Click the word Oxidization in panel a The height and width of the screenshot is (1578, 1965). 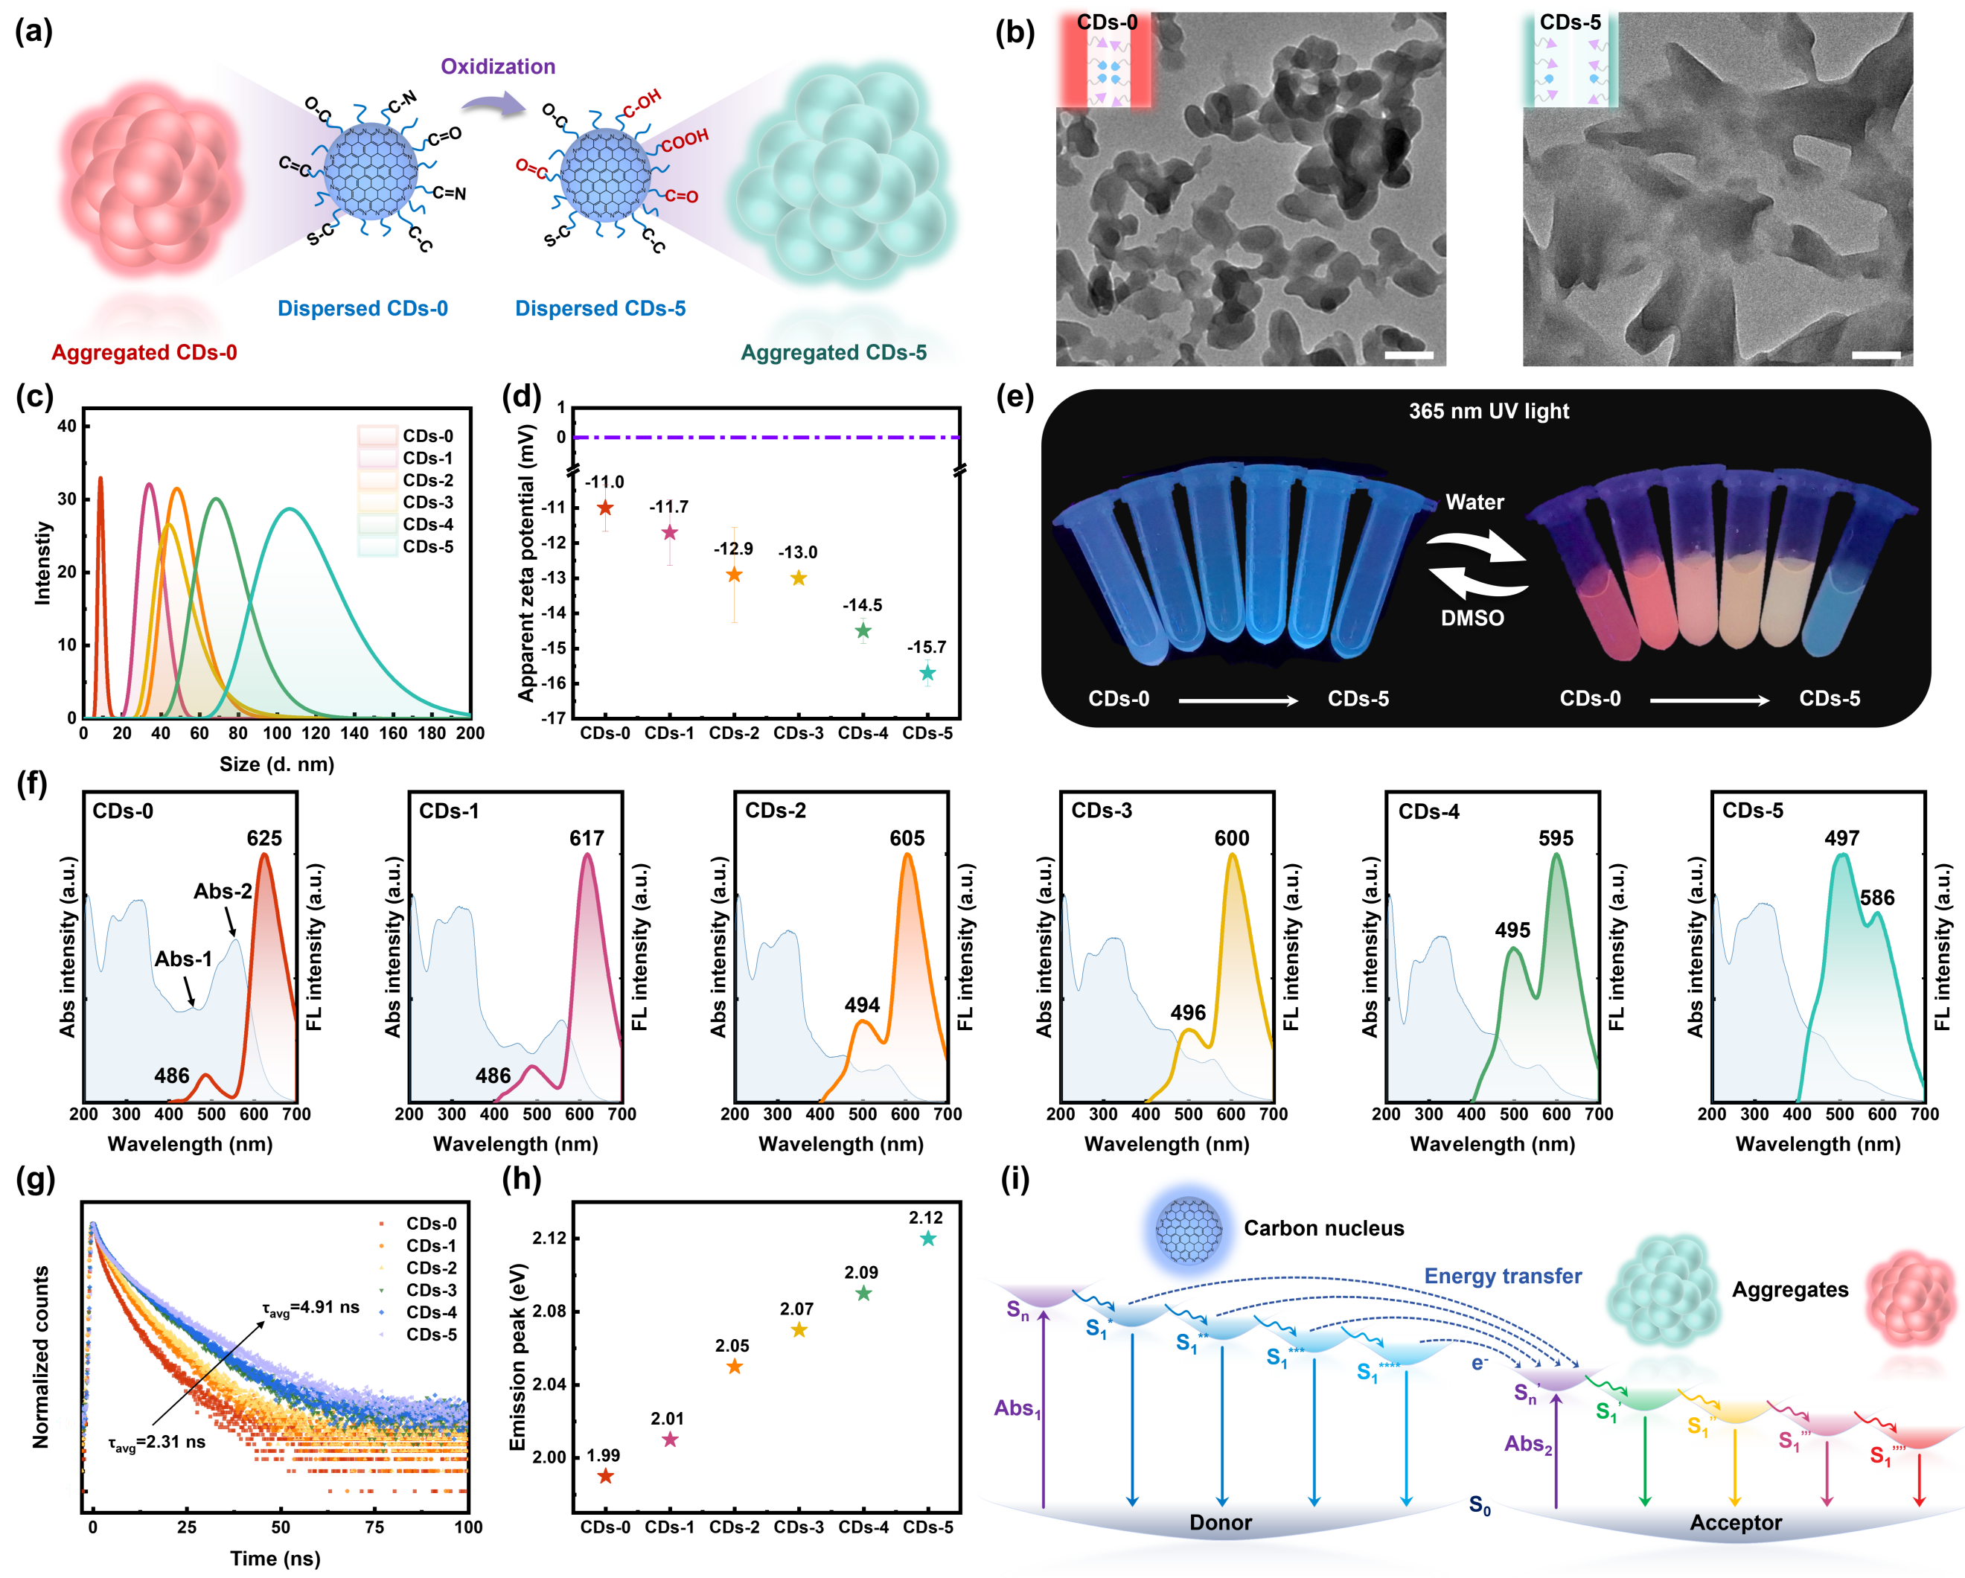tap(498, 66)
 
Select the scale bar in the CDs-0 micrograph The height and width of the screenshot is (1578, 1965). tap(1409, 354)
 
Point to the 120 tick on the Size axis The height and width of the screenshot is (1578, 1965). tap(316, 733)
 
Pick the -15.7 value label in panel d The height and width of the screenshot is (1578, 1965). tap(926, 648)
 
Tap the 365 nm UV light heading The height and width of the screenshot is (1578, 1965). tap(1489, 411)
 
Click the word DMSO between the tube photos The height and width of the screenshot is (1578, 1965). tap(1472, 618)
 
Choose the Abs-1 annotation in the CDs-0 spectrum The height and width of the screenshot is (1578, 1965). tap(183, 959)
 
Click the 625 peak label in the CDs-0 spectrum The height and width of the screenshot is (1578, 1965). tap(264, 839)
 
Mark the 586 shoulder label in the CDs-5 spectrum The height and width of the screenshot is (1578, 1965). tap(1876, 898)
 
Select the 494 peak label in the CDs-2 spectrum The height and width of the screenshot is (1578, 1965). tap(861, 1005)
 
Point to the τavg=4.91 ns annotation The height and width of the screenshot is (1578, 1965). tap(311, 1308)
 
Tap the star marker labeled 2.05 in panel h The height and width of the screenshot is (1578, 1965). tap(734, 1367)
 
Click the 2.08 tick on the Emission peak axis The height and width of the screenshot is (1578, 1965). tap(549, 1311)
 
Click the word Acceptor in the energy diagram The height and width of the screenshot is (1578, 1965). tap(1735, 1524)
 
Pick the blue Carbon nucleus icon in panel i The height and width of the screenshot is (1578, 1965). tap(1189, 1230)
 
